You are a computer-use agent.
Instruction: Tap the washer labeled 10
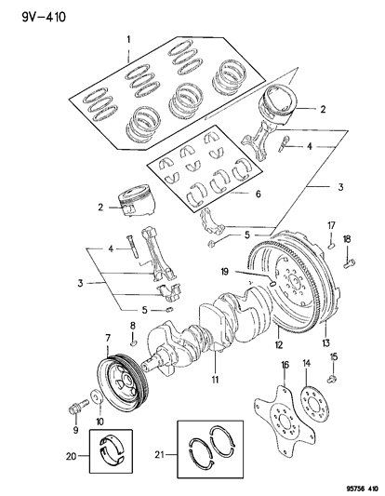pos(97,401)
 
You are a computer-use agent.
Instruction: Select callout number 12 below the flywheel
pos(277,343)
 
